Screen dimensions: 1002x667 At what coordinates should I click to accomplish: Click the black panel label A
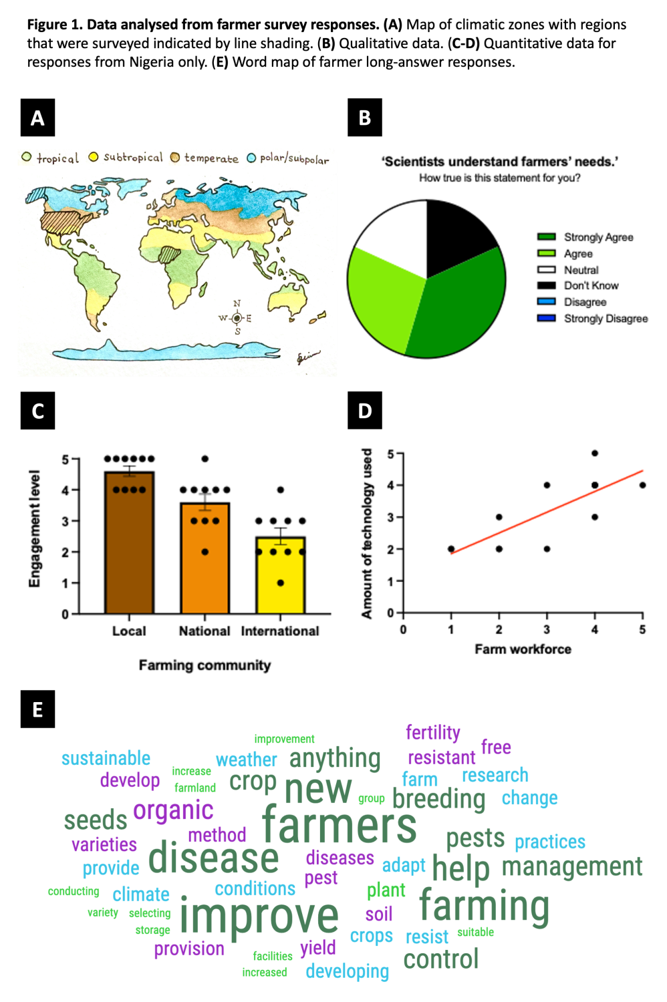[x=37, y=118]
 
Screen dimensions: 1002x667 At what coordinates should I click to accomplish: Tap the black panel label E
[x=37, y=709]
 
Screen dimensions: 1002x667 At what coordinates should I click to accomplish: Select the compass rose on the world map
[x=237, y=318]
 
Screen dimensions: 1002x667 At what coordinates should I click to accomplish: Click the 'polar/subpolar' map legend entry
[x=288, y=158]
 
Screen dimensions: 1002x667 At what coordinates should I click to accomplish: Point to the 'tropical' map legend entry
[x=50, y=158]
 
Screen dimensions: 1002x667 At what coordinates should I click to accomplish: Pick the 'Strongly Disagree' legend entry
[x=592, y=319]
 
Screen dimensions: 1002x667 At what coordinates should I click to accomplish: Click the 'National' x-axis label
[x=205, y=631]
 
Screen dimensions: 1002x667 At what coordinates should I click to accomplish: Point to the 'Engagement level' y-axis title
[x=34, y=528]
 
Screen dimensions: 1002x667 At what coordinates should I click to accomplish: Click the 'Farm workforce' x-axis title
[x=523, y=649]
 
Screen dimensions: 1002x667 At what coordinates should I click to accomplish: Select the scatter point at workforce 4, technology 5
[x=595, y=454]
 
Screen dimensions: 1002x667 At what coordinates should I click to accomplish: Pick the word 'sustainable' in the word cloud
[x=106, y=759]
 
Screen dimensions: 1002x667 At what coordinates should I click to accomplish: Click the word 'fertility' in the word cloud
[x=432, y=733]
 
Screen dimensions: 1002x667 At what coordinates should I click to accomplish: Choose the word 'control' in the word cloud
[x=441, y=959]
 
